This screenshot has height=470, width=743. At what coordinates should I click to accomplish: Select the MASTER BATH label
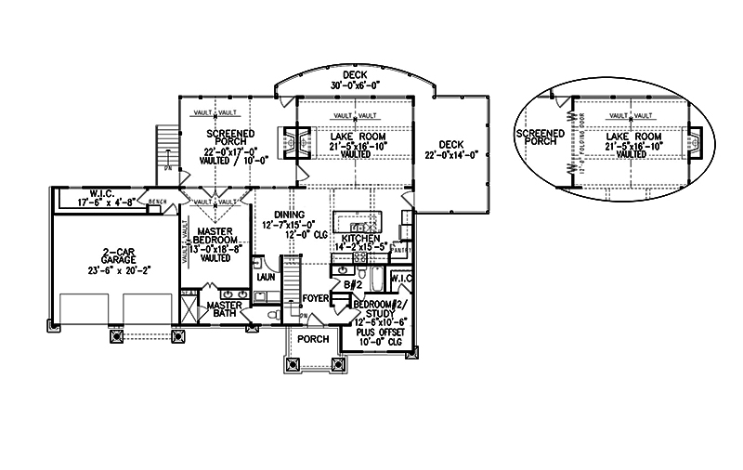pyautogui.click(x=224, y=310)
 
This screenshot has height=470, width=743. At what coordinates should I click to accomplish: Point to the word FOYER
pyautogui.click(x=317, y=298)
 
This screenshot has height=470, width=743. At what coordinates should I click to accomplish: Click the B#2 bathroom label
pyautogui.click(x=353, y=284)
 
